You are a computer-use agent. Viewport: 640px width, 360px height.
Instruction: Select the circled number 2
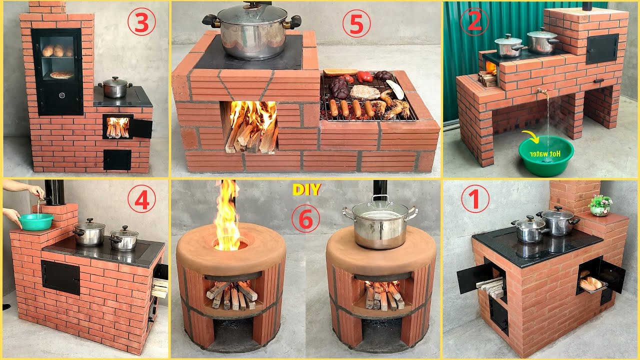tap(471, 22)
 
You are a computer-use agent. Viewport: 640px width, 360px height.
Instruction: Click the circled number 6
tap(306, 219)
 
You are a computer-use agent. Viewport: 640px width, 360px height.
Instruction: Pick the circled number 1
tap(475, 200)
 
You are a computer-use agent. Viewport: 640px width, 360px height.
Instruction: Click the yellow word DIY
tap(306, 190)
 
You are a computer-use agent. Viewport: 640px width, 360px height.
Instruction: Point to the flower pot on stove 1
tap(600, 205)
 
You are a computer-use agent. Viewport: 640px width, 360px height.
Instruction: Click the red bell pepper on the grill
tap(364, 76)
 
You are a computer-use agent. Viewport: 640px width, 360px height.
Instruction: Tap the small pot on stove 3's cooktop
tap(114, 87)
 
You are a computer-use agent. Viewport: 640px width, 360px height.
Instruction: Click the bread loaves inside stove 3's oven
tap(56, 50)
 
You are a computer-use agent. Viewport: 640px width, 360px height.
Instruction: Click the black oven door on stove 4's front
tap(60, 277)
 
